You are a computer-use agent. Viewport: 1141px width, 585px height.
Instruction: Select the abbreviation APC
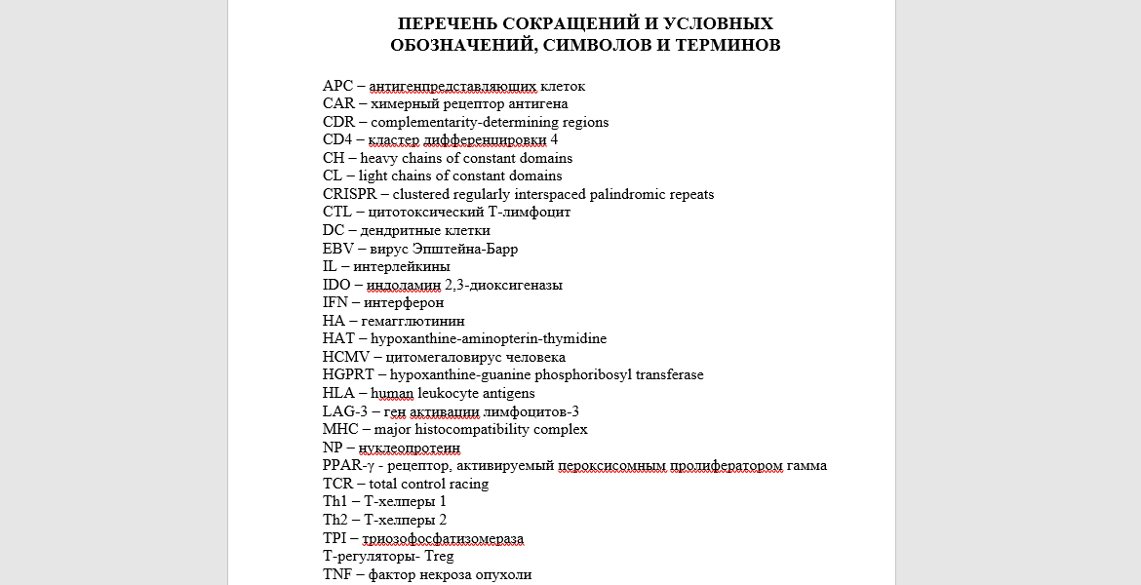[x=337, y=86]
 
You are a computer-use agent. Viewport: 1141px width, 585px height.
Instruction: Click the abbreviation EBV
[x=337, y=249]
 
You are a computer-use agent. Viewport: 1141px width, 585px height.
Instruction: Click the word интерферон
[x=406, y=303]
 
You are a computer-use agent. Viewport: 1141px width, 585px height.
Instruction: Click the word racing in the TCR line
[x=468, y=485]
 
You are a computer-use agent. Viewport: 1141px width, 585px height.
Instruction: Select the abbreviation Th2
[x=335, y=521]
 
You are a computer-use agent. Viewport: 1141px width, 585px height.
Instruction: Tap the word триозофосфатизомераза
[x=443, y=539]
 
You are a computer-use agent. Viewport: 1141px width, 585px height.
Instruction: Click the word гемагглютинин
[x=413, y=321]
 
